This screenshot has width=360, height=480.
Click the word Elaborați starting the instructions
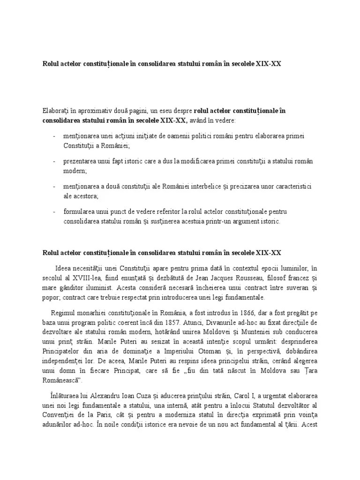56,111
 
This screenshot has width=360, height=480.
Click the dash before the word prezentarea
54,161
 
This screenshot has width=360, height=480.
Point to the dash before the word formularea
54,212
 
